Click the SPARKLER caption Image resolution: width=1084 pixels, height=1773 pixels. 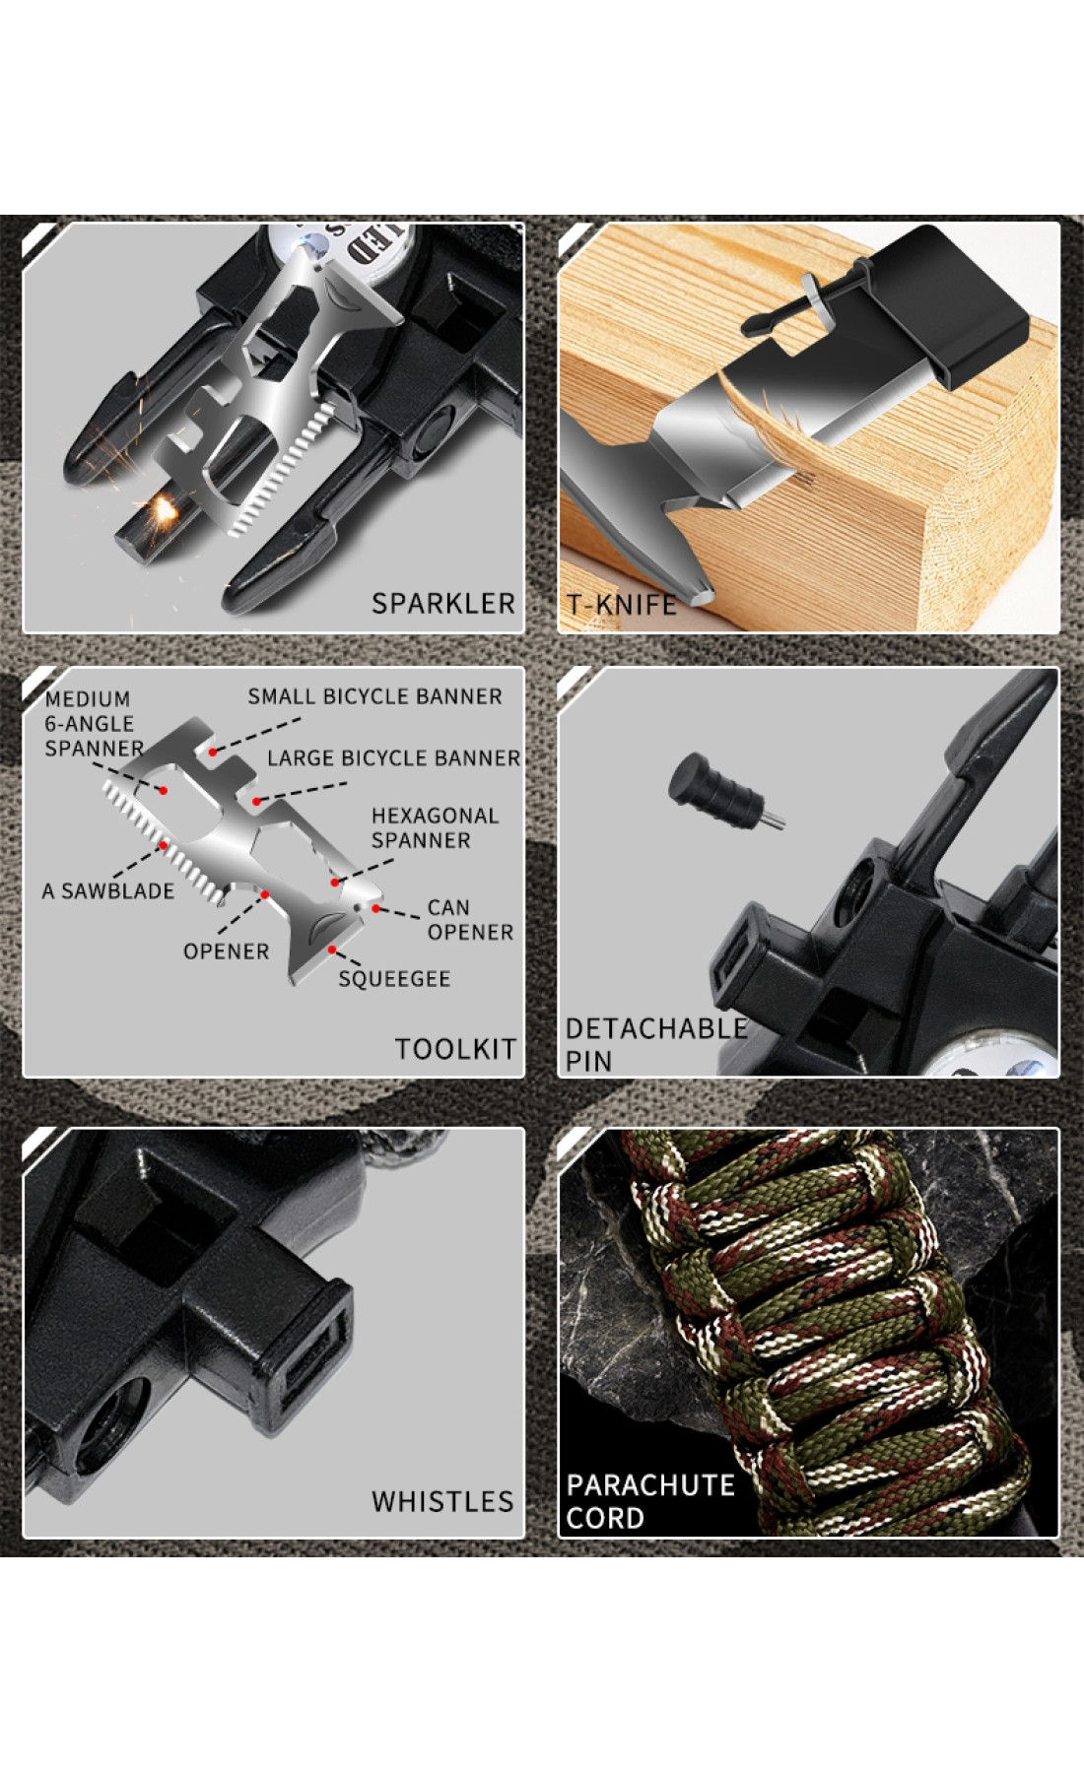pyautogui.click(x=442, y=603)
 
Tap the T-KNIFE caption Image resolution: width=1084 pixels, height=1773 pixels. pyautogui.click(x=621, y=604)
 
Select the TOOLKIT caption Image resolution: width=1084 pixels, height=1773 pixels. pyautogui.click(x=455, y=1049)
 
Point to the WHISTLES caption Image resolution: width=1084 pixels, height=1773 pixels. pyautogui.click(x=442, y=1501)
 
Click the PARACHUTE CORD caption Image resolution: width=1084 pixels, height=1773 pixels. pyautogui.click(x=649, y=1501)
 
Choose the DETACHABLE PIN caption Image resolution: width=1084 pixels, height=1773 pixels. pyautogui.click(x=655, y=1044)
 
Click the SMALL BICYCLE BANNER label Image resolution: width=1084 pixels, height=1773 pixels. pyautogui.click(x=374, y=696)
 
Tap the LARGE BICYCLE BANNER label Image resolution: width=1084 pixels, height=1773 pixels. pyautogui.click(x=393, y=757)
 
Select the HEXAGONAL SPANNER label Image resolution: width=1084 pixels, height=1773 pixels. pyautogui.click(x=435, y=827)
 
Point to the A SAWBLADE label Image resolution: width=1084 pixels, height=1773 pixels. pyautogui.click(x=107, y=890)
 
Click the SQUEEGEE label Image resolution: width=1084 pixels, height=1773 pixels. pyautogui.click(x=394, y=978)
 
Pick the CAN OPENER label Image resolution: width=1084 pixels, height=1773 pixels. pyautogui.click(x=470, y=919)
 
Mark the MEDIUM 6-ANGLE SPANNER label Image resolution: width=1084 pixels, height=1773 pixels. pyautogui.click(x=93, y=723)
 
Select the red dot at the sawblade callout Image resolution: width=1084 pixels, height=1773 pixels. pyautogui.click(x=163, y=845)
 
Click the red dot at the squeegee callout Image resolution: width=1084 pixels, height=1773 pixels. pyautogui.click(x=333, y=950)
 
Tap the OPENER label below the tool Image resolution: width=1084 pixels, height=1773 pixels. pyautogui.click(x=226, y=951)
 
